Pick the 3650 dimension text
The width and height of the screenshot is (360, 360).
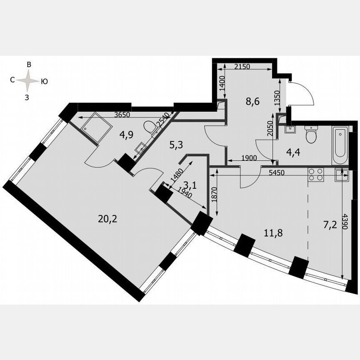click(x=124, y=115)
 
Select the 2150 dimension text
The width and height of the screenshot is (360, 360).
click(x=242, y=66)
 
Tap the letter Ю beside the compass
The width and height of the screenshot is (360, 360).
click(x=44, y=82)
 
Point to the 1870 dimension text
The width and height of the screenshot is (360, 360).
click(x=213, y=195)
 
